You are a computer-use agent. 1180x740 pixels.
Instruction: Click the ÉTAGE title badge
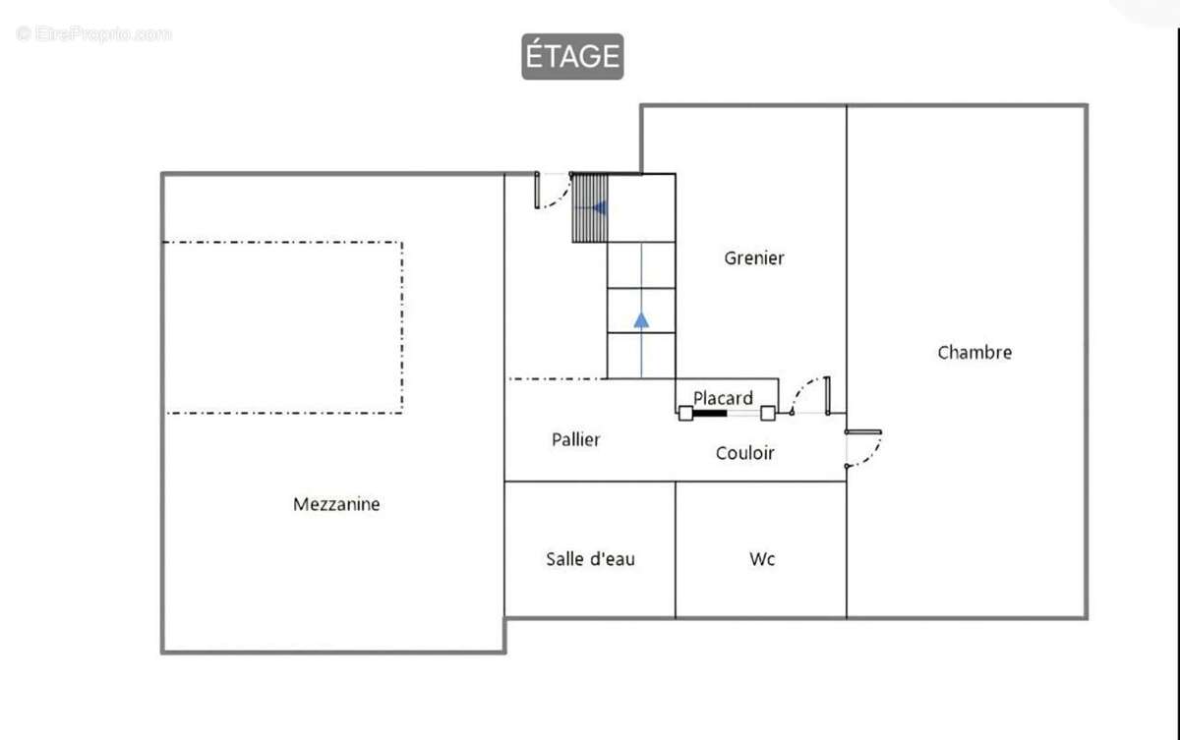point(572,56)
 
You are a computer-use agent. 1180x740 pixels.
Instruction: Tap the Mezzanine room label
point(336,504)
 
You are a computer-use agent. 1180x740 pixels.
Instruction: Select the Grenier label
point(754,257)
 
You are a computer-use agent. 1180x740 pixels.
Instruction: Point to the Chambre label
point(974,352)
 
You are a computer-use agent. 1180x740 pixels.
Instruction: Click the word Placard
point(723,398)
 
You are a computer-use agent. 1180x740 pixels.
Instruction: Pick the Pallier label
point(575,439)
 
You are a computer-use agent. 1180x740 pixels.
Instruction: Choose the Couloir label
point(745,453)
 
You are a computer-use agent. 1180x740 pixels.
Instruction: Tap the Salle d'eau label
point(590,559)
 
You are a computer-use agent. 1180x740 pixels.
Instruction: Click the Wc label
point(762,559)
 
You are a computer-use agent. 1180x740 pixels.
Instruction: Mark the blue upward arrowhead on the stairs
point(641,320)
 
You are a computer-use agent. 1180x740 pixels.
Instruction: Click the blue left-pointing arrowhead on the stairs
point(600,208)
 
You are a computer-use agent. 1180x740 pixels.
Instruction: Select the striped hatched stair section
point(589,208)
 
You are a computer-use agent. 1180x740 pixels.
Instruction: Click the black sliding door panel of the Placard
point(709,414)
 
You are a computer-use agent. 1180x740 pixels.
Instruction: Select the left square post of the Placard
point(685,413)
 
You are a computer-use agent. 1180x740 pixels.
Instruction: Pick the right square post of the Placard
point(768,413)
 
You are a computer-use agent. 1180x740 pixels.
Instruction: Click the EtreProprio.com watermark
point(93,34)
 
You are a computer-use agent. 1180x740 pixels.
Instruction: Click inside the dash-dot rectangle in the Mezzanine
point(283,327)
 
